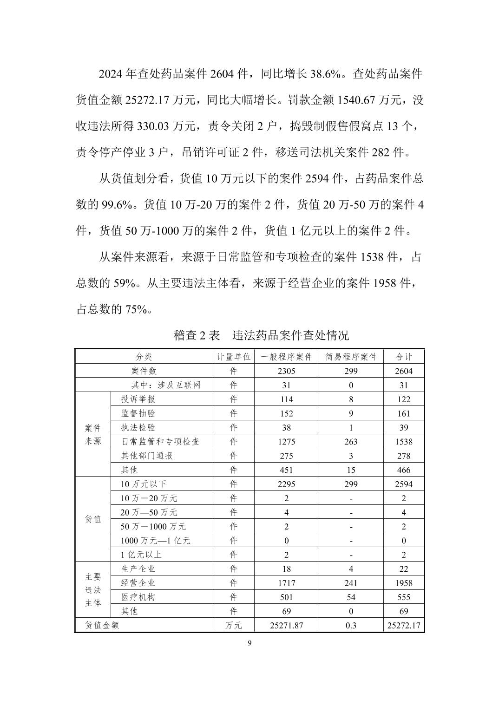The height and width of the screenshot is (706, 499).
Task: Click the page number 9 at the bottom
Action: click(249, 643)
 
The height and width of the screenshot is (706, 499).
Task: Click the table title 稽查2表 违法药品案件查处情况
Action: click(261, 335)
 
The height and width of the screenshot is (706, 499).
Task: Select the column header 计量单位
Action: click(234, 357)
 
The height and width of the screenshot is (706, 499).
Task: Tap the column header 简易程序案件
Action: click(351, 357)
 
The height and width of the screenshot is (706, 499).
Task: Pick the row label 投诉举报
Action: click(138, 399)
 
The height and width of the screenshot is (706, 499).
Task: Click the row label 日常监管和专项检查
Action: click(160, 441)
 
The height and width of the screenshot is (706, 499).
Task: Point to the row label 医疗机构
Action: click(138, 597)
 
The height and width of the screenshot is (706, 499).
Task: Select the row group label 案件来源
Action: click(93, 434)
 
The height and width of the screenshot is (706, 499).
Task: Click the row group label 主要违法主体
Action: click(93, 589)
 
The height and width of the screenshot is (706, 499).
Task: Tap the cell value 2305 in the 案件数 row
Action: click(286, 371)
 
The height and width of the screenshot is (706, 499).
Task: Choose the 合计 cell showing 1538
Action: click(403, 441)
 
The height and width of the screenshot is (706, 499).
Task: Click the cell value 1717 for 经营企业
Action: click(286, 583)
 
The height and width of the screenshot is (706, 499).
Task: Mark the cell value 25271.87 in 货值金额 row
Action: click(286, 625)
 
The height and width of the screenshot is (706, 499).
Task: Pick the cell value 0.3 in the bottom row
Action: click(351, 625)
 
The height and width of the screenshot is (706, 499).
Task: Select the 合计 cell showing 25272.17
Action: click(403, 625)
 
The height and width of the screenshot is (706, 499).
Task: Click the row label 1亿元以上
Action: click(141, 555)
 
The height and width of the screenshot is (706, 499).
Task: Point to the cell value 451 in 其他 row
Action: click(286, 470)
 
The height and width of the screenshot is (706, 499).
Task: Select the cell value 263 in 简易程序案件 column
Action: click(351, 441)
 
